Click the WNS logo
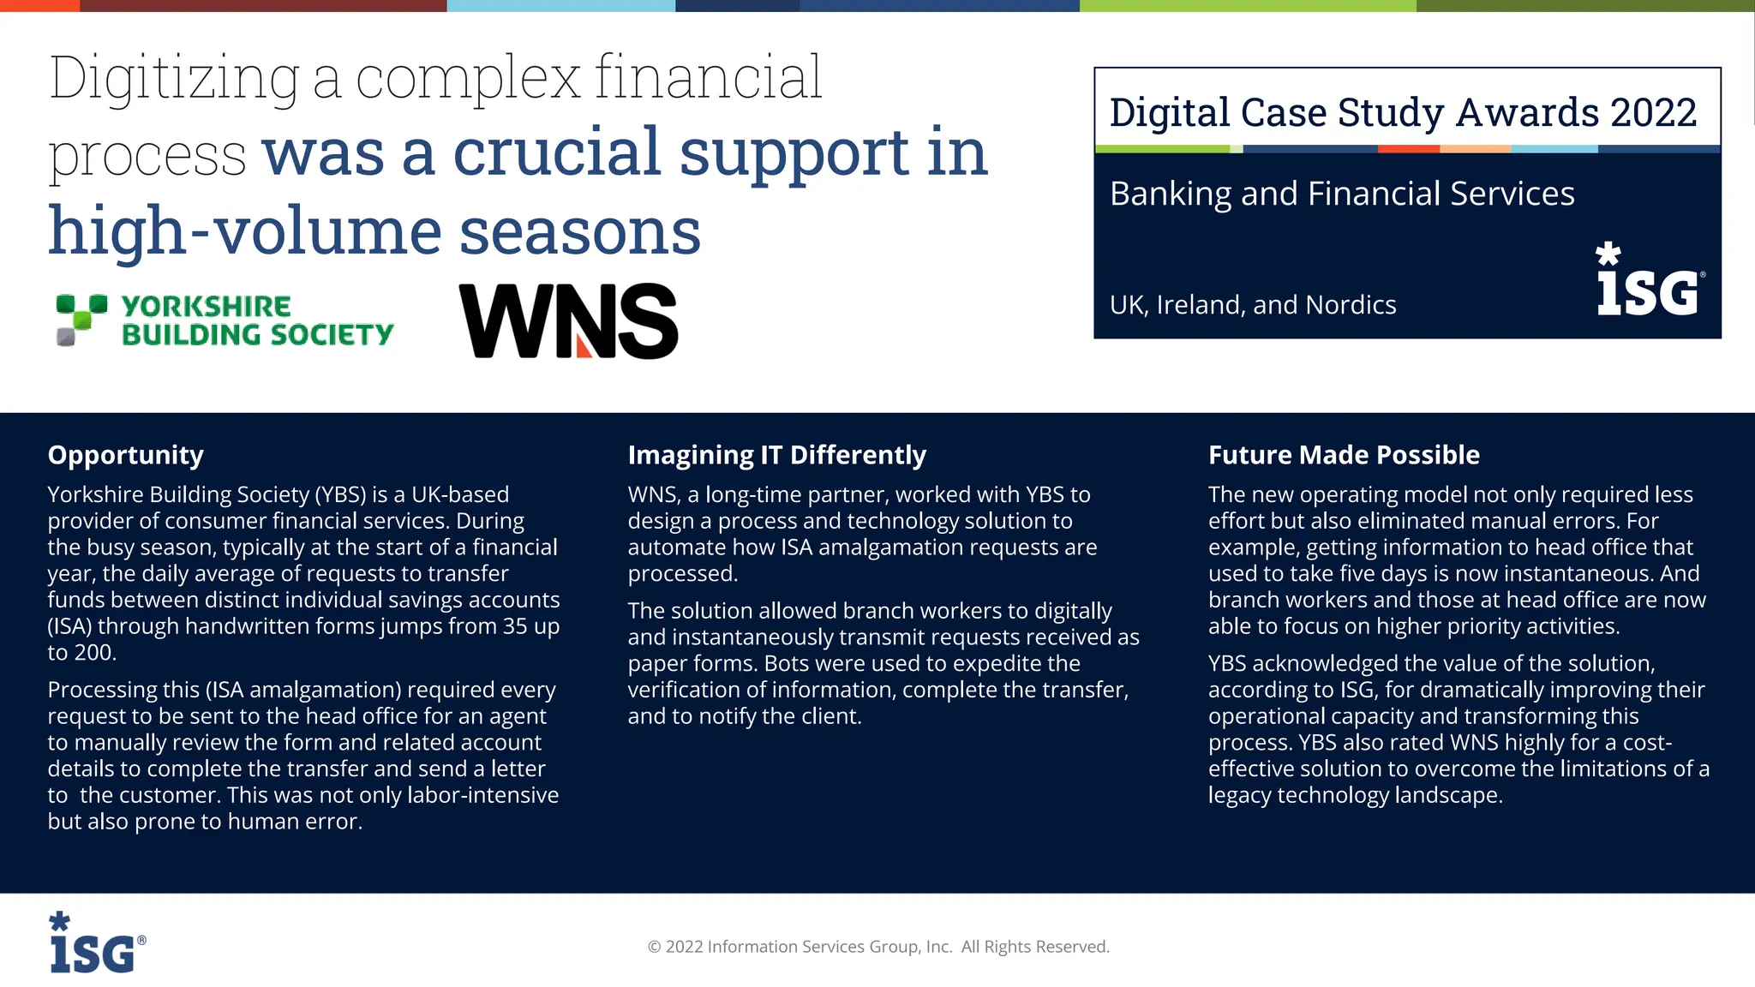pyautogui.click(x=568, y=321)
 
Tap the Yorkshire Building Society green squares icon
pyautogui.click(x=81, y=319)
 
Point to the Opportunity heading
pyautogui.click(x=125, y=455)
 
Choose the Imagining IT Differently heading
pyautogui.click(x=776, y=455)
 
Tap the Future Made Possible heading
pyautogui.click(x=1344, y=455)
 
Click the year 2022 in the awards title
pyautogui.click(x=1653, y=113)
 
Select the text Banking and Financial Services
pyautogui.click(x=1342, y=194)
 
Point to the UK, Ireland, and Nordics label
pyautogui.click(x=1253, y=305)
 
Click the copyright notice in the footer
pyautogui.click(x=878, y=947)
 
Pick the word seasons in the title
pyautogui.click(x=580, y=231)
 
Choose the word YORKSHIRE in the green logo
pyautogui.click(x=206, y=306)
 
